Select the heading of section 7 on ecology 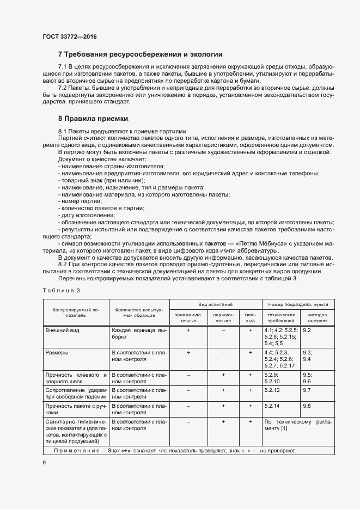pyautogui.click(x=140, y=54)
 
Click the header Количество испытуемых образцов pyautogui.click(x=139, y=312)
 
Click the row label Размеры pyautogui.click(x=57, y=353)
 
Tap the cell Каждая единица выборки pyautogui.click(x=139, y=334)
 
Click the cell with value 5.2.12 pyautogui.click(x=271, y=390)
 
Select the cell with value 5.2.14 pyautogui.click(x=271, y=406)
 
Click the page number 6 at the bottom pyautogui.click(x=44, y=463)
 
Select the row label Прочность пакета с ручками pyautogui.click(x=76, y=409)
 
